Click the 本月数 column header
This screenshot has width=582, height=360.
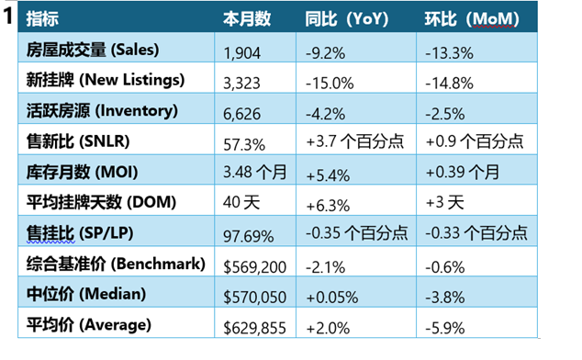point(247,19)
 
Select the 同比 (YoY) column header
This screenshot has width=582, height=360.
point(347,19)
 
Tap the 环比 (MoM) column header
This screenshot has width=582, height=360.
point(472,19)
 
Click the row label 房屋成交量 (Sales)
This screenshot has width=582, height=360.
point(93,50)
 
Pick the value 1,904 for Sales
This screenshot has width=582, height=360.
point(241,53)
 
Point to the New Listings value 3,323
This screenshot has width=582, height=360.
point(241,84)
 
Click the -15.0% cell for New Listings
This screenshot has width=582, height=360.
point(330,84)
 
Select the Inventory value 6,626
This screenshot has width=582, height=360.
point(241,114)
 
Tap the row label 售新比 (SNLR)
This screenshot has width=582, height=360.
point(78,141)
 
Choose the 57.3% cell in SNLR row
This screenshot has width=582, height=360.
point(244,144)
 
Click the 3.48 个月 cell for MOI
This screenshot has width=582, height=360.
point(254,172)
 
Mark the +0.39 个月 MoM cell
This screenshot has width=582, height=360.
point(462,172)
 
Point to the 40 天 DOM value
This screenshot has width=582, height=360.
point(241,202)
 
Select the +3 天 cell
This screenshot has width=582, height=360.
point(444,202)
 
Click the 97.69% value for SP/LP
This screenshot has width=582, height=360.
point(249,236)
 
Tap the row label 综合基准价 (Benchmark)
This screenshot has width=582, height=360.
point(116,264)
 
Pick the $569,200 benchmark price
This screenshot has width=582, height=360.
point(254,267)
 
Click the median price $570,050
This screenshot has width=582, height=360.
point(254,298)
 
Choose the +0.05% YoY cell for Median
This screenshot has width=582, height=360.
point(332,298)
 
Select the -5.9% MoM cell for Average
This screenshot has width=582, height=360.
point(444,329)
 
